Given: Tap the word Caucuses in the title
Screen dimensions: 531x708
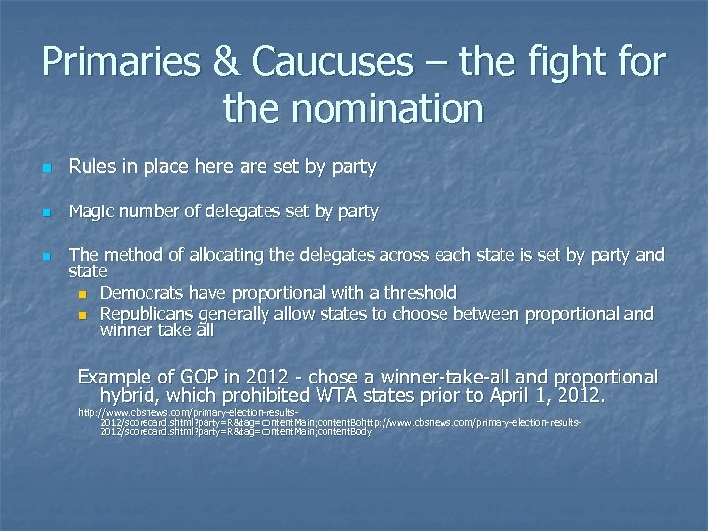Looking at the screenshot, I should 332,63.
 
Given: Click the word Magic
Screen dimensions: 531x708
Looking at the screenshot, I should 93,211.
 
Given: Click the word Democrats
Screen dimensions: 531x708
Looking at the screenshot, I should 146,292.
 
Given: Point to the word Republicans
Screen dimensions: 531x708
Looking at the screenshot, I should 148,314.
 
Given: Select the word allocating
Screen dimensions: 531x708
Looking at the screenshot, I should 224,256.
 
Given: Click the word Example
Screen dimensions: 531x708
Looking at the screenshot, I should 113,378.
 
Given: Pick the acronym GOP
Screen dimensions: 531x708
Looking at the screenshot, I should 197,378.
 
